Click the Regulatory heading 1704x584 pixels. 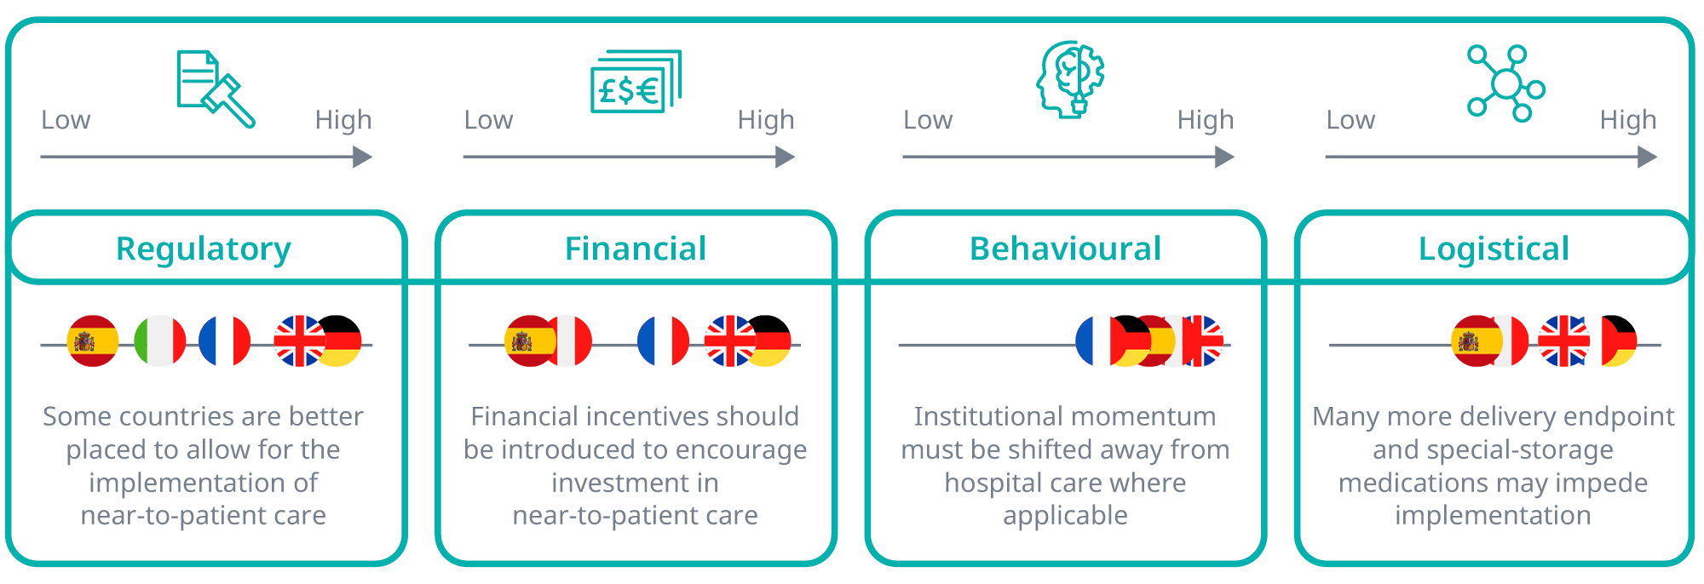click(x=204, y=249)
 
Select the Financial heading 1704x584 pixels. click(x=636, y=249)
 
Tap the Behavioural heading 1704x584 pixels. click(x=1065, y=249)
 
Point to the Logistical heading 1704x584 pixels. click(x=1494, y=249)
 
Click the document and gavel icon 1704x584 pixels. click(x=216, y=89)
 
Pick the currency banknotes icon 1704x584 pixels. click(x=636, y=82)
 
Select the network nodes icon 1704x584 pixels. click(x=1505, y=83)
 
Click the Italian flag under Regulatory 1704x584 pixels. click(x=160, y=341)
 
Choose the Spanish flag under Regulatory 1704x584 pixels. click(x=93, y=341)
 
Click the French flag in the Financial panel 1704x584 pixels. click(x=663, y=341)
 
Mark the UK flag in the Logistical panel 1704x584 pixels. click(x=1564, y=341)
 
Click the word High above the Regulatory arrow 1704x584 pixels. click(x=343, y=120)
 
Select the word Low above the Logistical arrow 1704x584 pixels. click(x=1350, y=120)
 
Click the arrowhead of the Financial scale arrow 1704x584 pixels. click(x=786, y=157)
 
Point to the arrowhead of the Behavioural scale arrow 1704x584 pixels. click(x=1225, y=157)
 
